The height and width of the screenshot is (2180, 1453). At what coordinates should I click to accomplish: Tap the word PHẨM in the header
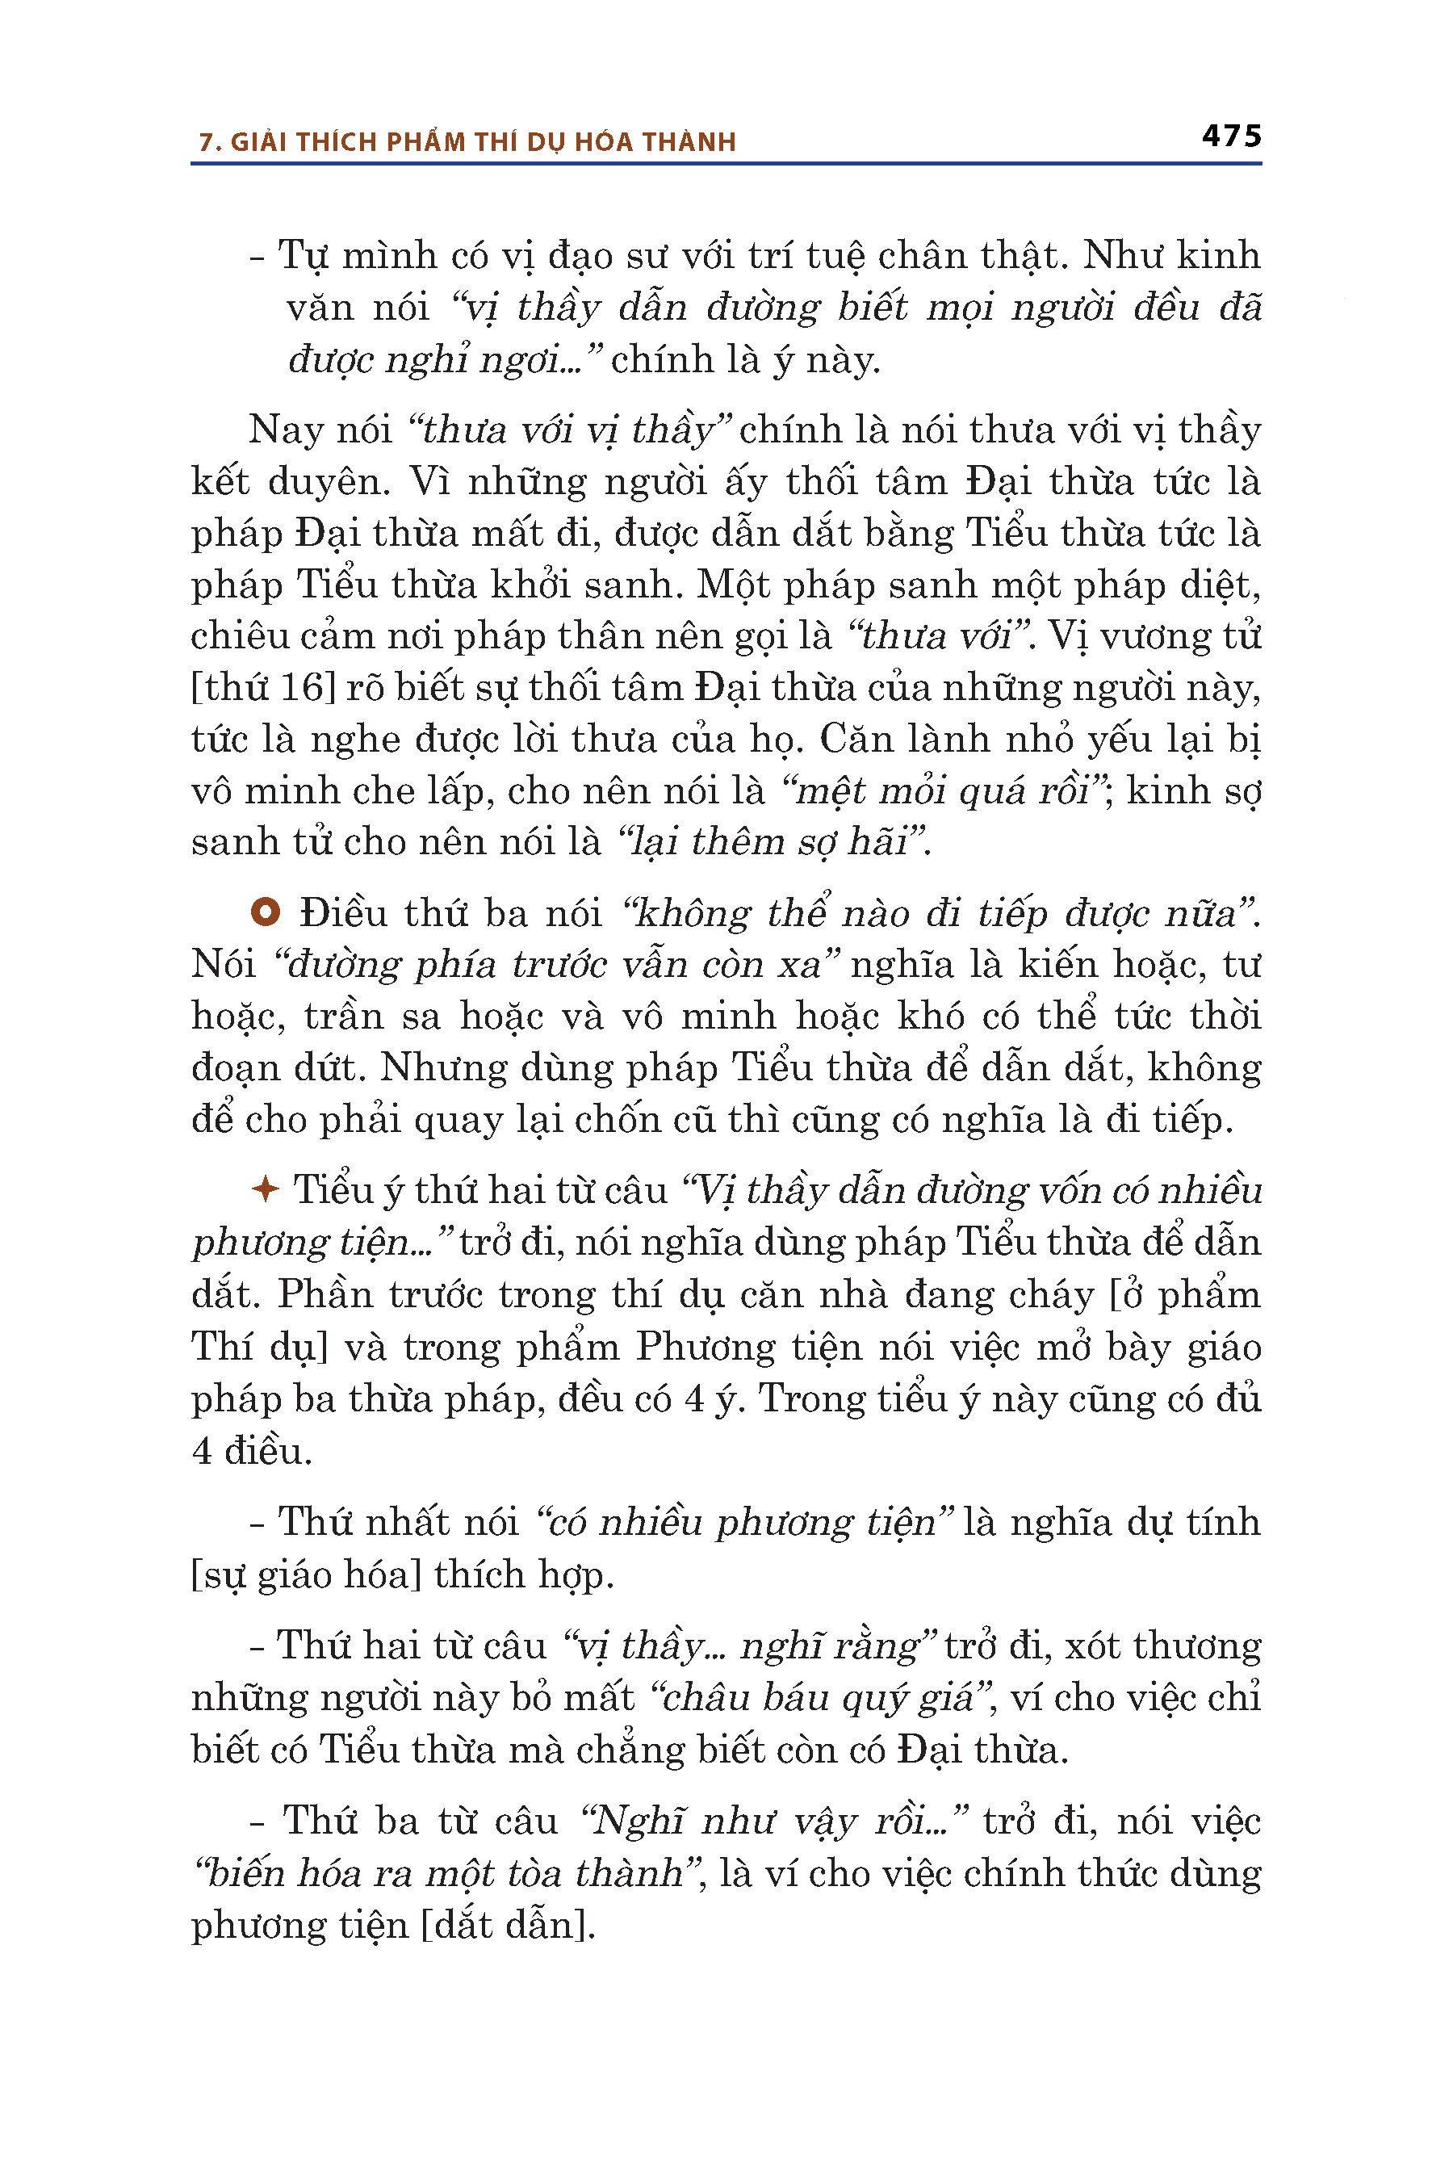[425, 143]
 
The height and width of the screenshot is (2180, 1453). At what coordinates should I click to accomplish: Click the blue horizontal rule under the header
[726, 164]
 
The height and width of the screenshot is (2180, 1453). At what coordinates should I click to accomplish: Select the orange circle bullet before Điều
[265, 912]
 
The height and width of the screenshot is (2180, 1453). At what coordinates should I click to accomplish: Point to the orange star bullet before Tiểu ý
[265, 1189]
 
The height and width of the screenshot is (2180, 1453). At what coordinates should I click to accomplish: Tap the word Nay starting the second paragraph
[283, 430]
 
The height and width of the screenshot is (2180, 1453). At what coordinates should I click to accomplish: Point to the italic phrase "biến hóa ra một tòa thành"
[445, 1873]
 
